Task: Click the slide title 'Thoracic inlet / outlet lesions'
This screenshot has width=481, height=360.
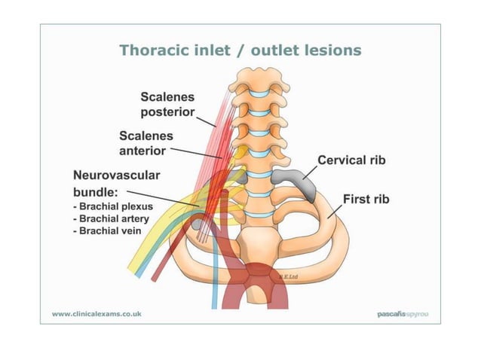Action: click(240, 50)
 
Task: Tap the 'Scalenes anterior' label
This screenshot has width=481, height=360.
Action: click(146, 142)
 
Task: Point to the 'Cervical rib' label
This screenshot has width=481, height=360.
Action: click(351, 160)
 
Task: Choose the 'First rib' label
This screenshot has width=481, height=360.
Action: click(366, 200)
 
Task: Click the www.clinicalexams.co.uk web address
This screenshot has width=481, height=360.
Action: click(96, 313)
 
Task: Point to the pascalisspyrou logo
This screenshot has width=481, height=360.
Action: click(402, 313)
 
